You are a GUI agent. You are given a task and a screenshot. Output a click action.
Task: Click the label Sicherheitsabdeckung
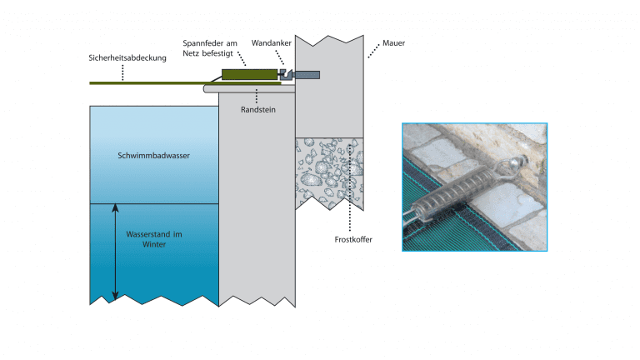click(128, 58)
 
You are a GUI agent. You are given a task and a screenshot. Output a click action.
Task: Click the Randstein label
click(260, 108)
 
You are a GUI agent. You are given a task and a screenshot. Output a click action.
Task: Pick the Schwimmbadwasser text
click(154, 155)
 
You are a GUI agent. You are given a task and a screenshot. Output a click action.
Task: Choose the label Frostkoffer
click(352, 239)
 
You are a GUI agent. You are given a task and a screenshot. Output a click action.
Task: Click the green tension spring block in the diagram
click(248, 75)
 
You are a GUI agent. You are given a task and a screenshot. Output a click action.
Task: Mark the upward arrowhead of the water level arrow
click(116, 209)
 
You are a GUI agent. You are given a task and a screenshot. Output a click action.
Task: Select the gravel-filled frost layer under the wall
click(328, 171)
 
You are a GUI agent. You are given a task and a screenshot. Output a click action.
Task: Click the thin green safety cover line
click(150, 82)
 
